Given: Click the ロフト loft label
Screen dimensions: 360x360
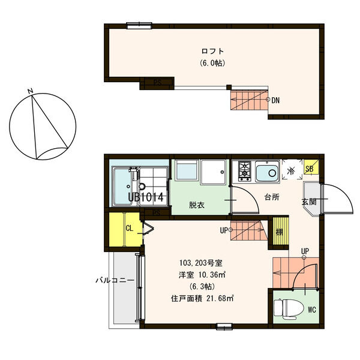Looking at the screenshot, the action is [212, 51].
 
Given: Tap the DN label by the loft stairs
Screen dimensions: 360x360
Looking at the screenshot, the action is [275, 100].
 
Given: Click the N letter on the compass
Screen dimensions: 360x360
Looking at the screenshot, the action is [31, 91].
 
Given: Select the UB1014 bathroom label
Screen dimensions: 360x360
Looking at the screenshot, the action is [146, 197].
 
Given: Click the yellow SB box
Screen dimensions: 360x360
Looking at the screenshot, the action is [311, 167].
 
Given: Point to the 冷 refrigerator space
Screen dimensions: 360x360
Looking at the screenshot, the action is [292, 170].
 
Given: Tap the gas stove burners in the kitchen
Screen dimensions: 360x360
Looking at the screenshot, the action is [245, 171].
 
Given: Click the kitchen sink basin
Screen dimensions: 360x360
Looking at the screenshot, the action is [268, 171].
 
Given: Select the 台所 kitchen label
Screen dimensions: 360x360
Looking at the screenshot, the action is [272, 197].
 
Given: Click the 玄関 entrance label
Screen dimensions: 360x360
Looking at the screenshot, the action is [309, 202].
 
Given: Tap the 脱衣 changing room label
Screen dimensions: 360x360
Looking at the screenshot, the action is [197, 205].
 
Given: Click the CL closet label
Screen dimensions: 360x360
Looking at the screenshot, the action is [130, 228].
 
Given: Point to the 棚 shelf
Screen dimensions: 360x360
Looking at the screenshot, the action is [280, 232].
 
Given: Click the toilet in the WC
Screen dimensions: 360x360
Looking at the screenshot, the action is [286, 309].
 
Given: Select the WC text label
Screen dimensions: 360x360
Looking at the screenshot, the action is [312, 310].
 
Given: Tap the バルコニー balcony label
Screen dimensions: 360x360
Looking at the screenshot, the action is [115, 280].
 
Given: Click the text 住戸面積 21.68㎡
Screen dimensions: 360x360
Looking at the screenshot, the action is [202, 298].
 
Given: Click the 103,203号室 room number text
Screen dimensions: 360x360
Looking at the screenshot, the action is [201, 263].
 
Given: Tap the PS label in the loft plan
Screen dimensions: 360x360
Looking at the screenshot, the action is [157, 83].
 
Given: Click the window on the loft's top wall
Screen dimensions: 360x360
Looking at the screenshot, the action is [139, 25].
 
